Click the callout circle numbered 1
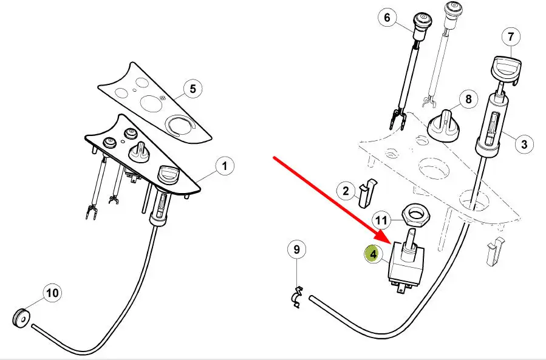[224, 165]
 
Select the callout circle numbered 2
[346, 192]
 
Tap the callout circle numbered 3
[524, 144]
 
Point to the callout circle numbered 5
[193, 89]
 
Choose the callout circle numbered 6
[387, 18]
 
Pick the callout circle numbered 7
[511, 37]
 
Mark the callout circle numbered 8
[468, 100]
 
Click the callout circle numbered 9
[296, 249]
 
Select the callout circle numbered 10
[53, 293]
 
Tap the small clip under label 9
[296, 297]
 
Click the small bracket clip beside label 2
[368, 192]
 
